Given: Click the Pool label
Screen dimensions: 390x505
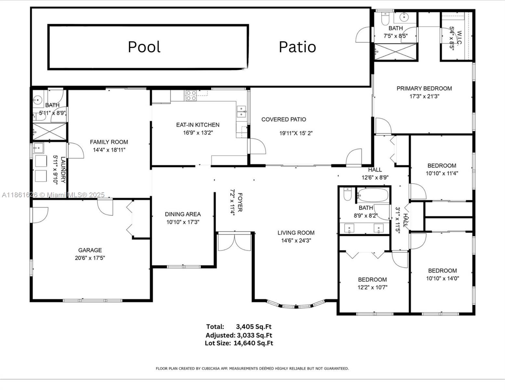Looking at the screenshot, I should pos(144,47).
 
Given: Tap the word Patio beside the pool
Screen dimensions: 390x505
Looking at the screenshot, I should pos(297,47).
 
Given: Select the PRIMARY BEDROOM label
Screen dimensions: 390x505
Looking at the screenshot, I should pos(424,88).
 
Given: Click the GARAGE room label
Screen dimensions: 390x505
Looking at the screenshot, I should pos(90,250).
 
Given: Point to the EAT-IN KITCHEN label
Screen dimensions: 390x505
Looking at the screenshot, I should pos(198,125).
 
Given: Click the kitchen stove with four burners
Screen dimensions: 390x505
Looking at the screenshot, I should pos(191,95).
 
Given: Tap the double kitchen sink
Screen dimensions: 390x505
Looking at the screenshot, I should pos(241,111).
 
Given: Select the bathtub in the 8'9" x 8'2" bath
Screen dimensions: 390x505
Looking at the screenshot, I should pos(373,195).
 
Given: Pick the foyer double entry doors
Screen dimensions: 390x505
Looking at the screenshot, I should pos(234,242).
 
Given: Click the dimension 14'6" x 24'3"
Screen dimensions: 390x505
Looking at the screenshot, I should pos(296,241).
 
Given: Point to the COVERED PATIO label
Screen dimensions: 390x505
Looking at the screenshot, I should pos(284,120).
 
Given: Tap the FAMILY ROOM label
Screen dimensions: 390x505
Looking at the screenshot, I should pos(109,142).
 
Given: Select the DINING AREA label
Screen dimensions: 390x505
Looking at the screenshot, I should pos(183,214).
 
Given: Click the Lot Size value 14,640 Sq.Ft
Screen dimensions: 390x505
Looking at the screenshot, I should pos(253,343).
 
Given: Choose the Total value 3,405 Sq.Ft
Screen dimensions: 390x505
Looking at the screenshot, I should pos(254,327).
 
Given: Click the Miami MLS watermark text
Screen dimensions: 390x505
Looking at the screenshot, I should pos(53,195).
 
